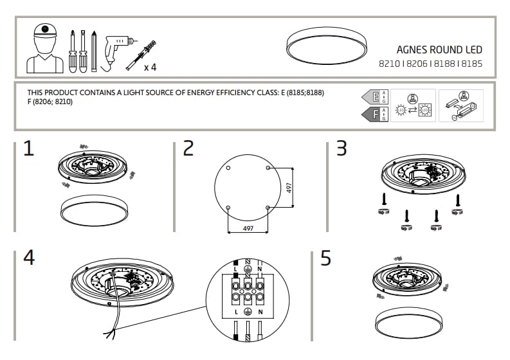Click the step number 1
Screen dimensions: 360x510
point(28,149)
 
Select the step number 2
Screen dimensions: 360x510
point(188,149)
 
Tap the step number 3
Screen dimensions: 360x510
point(342,148)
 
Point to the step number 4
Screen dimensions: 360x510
point(28,257)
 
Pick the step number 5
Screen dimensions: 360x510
point(326,258)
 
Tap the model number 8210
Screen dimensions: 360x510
point(388,64)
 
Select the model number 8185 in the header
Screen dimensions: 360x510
point(471,64)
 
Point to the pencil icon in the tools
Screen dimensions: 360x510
point(95,50)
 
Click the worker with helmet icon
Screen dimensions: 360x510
point(44,48)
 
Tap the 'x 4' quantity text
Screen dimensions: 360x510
point(150,66)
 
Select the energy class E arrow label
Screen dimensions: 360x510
point(372,98)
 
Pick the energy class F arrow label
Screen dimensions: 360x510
point(372,114)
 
